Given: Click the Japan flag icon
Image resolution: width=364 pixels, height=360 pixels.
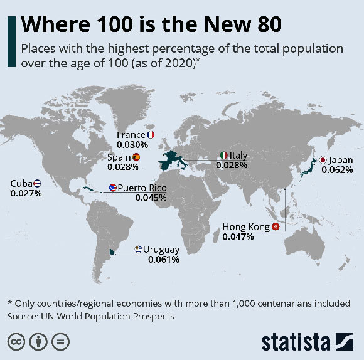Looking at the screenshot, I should [x=323, y=160].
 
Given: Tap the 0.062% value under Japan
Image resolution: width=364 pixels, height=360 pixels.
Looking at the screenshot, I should [x=337, y=169].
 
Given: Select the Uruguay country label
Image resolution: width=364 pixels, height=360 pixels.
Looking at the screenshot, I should [x=161, y=250].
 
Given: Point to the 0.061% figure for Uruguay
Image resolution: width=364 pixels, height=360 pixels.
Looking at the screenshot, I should [x=164, y=259].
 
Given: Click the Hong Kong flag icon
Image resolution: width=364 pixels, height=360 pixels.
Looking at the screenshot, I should [x=275, y=226].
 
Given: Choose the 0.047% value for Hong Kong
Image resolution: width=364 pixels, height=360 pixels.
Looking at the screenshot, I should [x=238, y=236].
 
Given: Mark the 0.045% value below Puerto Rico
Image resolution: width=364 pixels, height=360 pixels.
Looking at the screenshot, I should [x=151, y=197].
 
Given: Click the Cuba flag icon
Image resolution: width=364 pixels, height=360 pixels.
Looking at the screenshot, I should [x=38, y=183].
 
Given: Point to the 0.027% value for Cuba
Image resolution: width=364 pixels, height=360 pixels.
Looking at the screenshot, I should [x=26, y=193].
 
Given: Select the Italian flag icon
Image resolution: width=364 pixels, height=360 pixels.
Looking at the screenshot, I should [x=223, y=156].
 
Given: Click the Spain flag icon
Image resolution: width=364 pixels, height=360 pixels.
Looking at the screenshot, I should [x=136, y=157].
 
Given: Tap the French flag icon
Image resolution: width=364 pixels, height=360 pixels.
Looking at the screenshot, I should [x=150, y=135].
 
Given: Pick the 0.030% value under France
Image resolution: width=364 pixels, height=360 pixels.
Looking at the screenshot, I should [x=132, y=144].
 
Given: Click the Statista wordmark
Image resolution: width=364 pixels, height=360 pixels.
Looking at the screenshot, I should [x=295, y=342].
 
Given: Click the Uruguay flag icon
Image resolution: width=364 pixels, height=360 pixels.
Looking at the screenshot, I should [x=139, y=250].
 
